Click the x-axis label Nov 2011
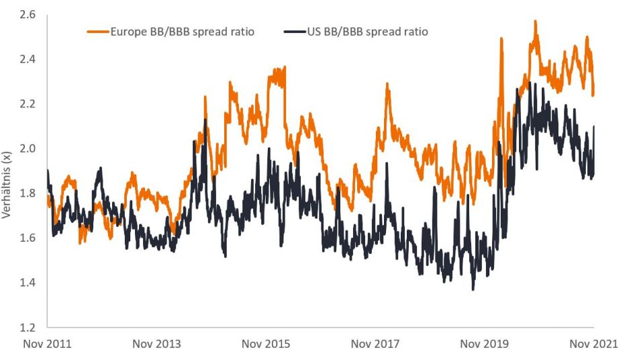coord(47,345)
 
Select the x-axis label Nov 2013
coord(156,345)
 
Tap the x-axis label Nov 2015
coord(266,345)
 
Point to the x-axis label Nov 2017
coord(375,345)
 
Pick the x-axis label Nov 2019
coord(485,345)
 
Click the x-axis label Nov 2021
coord(593,345)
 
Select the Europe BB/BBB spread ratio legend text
coord(182,32)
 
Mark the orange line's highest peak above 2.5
coord(535,21)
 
